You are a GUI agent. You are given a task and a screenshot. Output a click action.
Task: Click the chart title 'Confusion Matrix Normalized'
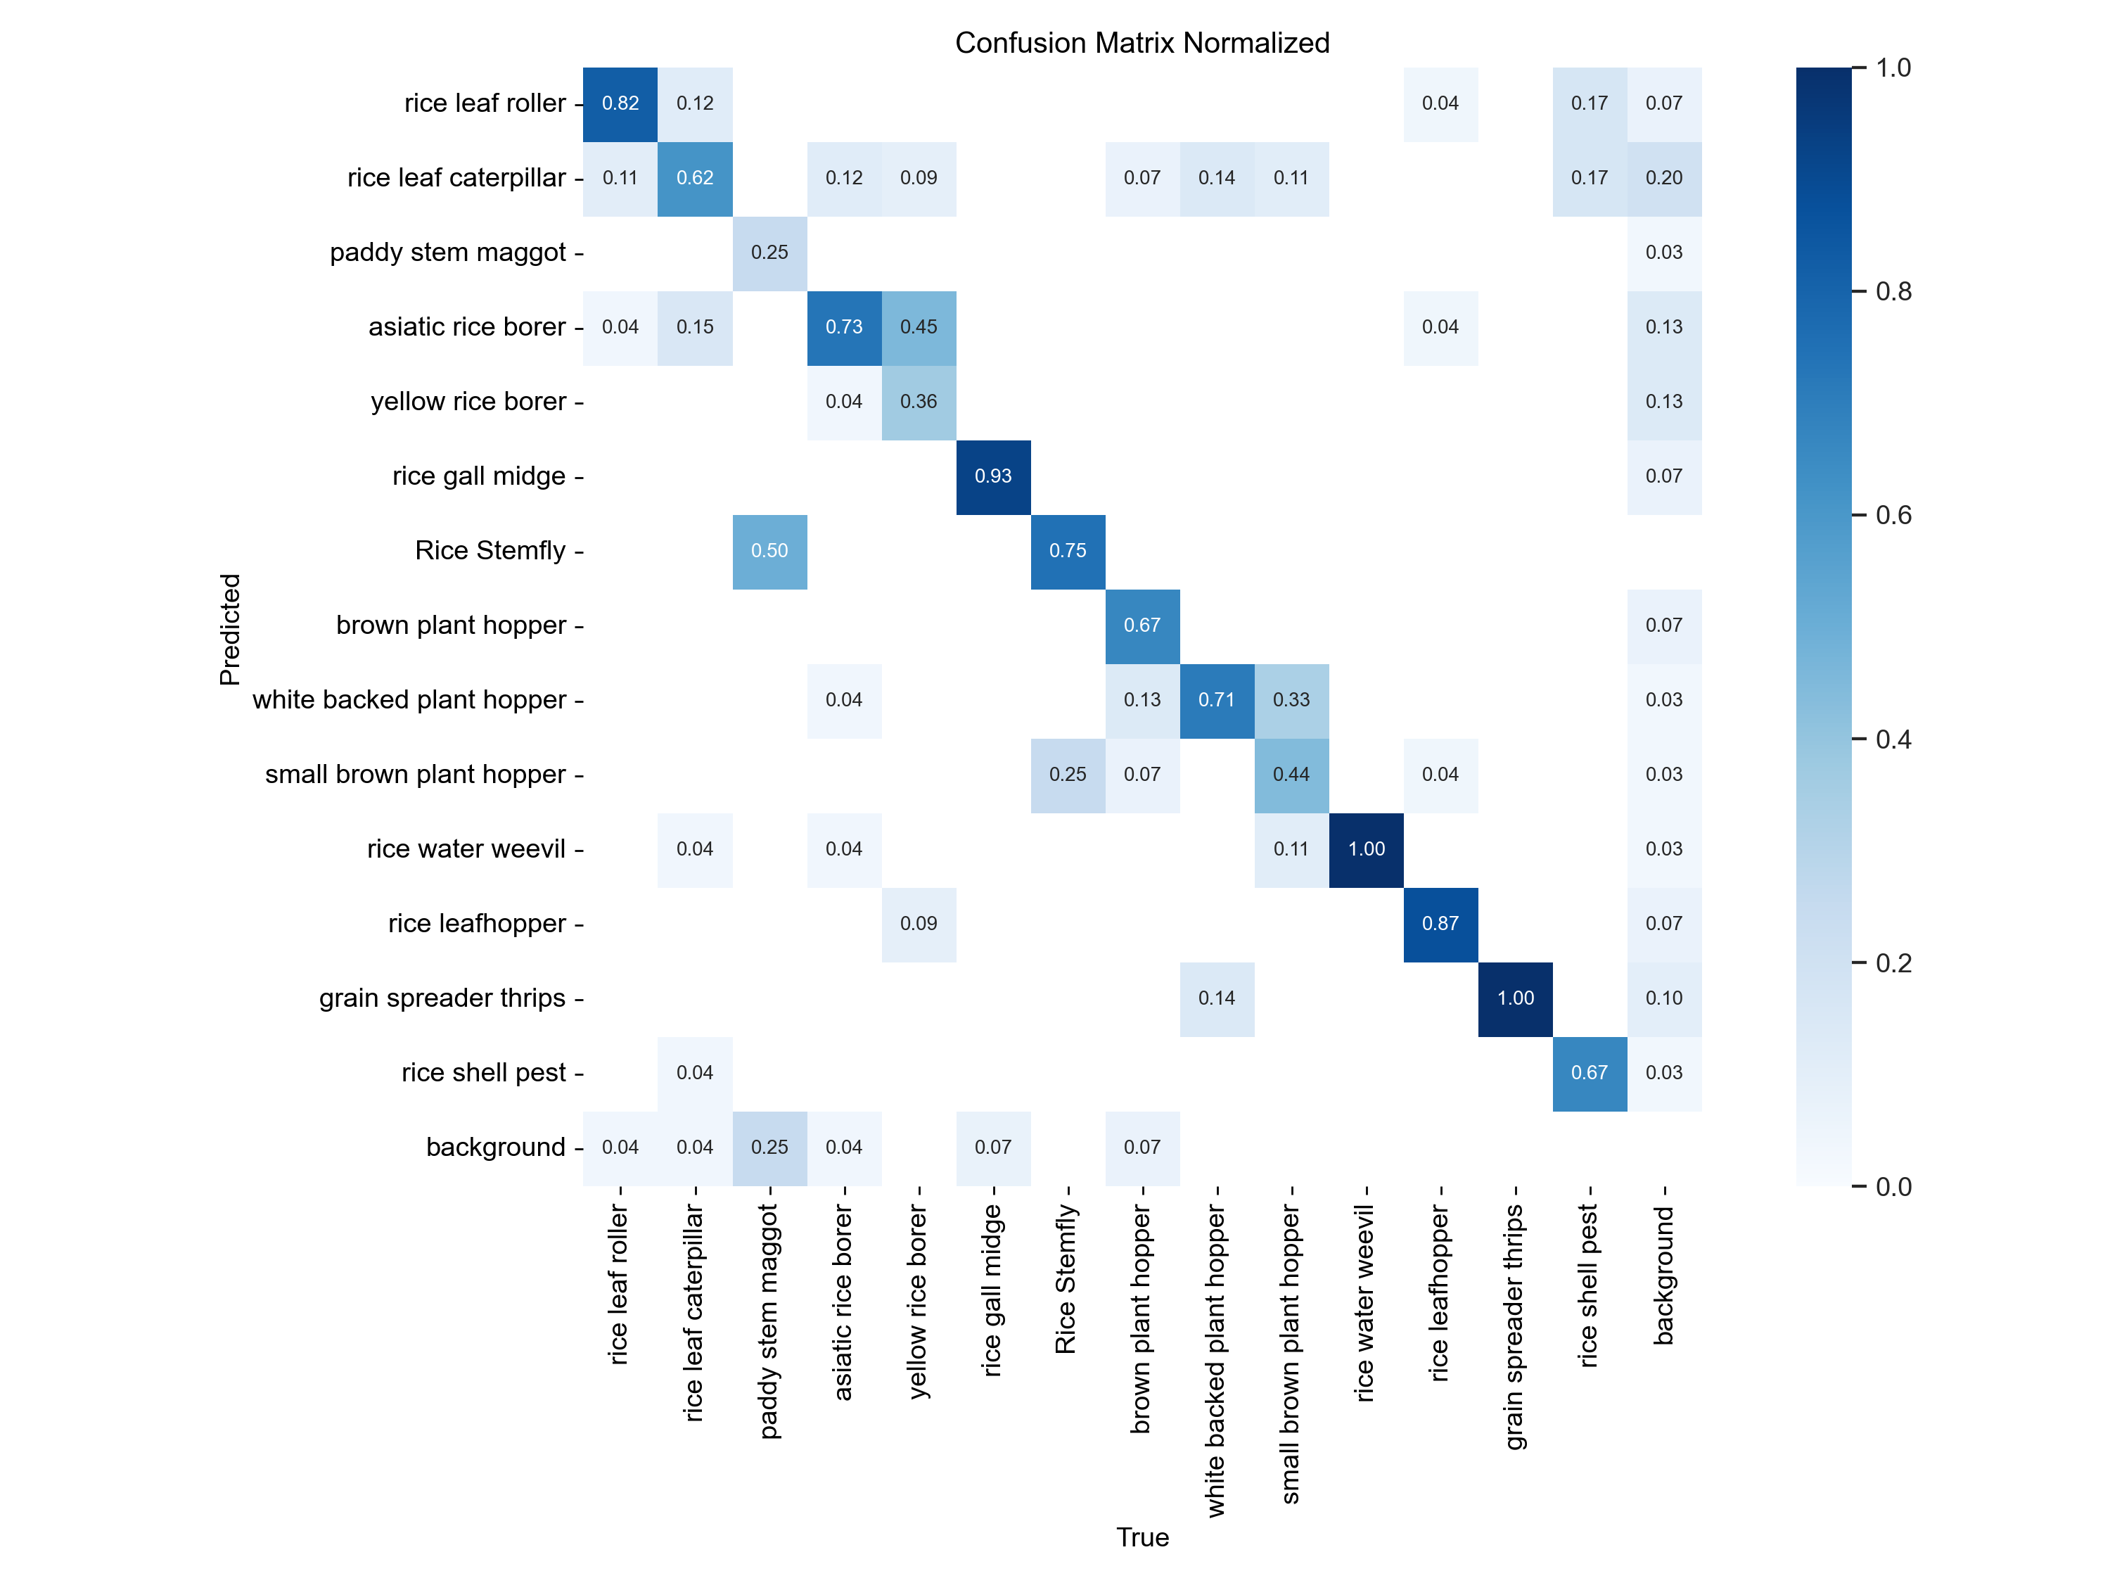(1142, 43)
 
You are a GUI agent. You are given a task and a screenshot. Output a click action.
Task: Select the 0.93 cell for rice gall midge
(993, 476)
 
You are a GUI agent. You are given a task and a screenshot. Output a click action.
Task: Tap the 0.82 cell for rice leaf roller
(620, 103)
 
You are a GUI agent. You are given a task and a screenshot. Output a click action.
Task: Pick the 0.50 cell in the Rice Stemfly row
(769, 551)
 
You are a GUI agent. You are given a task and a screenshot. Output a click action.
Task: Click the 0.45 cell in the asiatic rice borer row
(919, 327)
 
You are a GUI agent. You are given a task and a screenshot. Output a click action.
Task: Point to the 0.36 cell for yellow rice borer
(919, 402)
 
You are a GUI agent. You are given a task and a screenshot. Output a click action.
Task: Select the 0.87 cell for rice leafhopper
(1440, 924)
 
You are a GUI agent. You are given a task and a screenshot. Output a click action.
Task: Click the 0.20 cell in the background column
(1663, 177)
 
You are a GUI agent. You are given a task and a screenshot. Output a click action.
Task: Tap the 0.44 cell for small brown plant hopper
(1291, 775)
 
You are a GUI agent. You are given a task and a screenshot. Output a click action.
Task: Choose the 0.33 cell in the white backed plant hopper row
(1291, 699)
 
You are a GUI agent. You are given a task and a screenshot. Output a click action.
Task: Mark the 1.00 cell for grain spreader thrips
(1515, 998)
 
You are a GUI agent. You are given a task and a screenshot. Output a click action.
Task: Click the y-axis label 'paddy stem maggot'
(447, 253)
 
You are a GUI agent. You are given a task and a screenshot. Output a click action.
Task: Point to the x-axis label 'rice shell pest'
(1588, 1285)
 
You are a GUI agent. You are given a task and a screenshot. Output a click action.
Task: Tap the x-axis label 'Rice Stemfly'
(1066, 1278)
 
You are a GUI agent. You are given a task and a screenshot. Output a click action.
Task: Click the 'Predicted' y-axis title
(230, 629)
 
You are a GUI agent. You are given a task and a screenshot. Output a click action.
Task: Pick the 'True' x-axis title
(1142, 1537)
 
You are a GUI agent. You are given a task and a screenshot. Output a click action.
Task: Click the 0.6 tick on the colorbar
(1893, 515)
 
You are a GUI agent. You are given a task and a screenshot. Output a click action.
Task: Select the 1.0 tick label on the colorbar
(1893, 68)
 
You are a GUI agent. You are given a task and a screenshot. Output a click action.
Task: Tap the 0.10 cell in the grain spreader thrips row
(1663, 998)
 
